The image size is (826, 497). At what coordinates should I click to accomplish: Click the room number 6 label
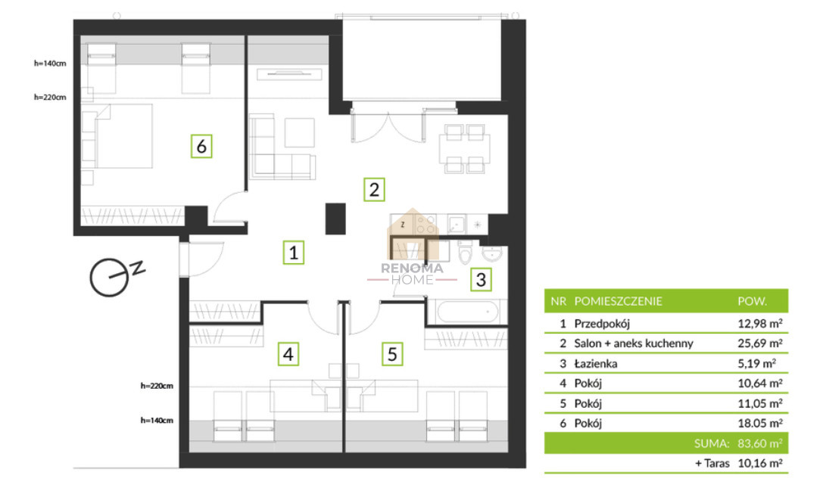[x=201, y=146]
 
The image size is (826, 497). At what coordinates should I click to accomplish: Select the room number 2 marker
[x=374, y=190]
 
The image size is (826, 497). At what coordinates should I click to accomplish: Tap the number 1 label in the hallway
[x=294, y=252]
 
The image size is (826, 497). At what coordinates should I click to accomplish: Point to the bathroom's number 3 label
[x=481, y=280]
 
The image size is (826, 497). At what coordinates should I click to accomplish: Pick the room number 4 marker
[x=288, y=354]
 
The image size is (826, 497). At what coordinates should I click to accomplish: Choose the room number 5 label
[x=392, y=354]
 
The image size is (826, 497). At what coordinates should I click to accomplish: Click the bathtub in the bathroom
[x=467, y=312]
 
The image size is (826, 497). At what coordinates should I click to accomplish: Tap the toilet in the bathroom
[x=466, y=252]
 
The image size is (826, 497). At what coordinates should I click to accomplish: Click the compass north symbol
[x=116, y=275]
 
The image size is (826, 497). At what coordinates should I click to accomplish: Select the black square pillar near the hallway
[x=335, y=219]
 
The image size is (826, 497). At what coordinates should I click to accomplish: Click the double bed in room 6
[x=117, y=136]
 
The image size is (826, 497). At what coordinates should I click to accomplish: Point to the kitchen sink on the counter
[x=457, y=224]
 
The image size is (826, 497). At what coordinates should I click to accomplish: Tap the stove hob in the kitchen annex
[x=425, y=224]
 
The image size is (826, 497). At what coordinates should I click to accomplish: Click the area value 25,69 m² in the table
[x=759, y=343]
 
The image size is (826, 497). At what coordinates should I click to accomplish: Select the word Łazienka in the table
[x=595, y=363]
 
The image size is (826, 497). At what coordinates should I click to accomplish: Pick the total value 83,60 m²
[x=759, y=443]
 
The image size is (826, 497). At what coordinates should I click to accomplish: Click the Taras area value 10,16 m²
[x=759, y=463]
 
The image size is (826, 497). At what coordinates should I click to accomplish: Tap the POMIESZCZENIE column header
[x=618, y=301]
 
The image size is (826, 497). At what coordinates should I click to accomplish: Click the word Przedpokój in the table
[x=602, y=324]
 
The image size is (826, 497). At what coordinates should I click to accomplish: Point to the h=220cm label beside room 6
[x=50, y=97]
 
